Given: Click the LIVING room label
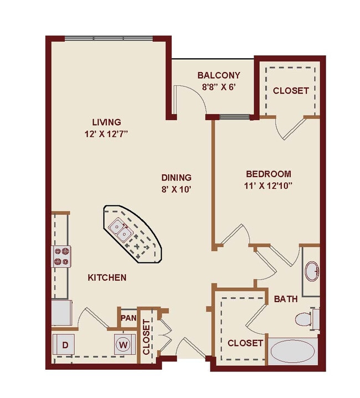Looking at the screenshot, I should pyautogui.click(x=107, y=122).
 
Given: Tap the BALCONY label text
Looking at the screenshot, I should pyautogui.click(x=219, y=75).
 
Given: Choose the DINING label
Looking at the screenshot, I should pyautogui.click(x=176, y=178).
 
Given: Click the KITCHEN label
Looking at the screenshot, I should pyautogui.click(x=107, y=277).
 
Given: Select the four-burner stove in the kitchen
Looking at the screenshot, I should pyautogui.click(x=61, y=256).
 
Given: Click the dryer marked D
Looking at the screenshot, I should pyautogui.click(x=65, y=345).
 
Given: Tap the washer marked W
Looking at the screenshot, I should pyautogui.click(x=123, y=345).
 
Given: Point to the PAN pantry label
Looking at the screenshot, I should pyautogui.click(x=128, y=318).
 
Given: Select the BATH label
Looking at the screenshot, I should pyautogui.click(x=286, y=299).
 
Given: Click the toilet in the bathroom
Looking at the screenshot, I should pyautogui.click(x=304, y=319).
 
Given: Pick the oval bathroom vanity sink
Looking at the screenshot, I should pyautogui.click(x=312, y=271).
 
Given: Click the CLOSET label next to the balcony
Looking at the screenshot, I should pyautogui.click(x=290, y=91).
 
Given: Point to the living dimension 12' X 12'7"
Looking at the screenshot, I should pyautogui.click(x=107, y=133).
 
